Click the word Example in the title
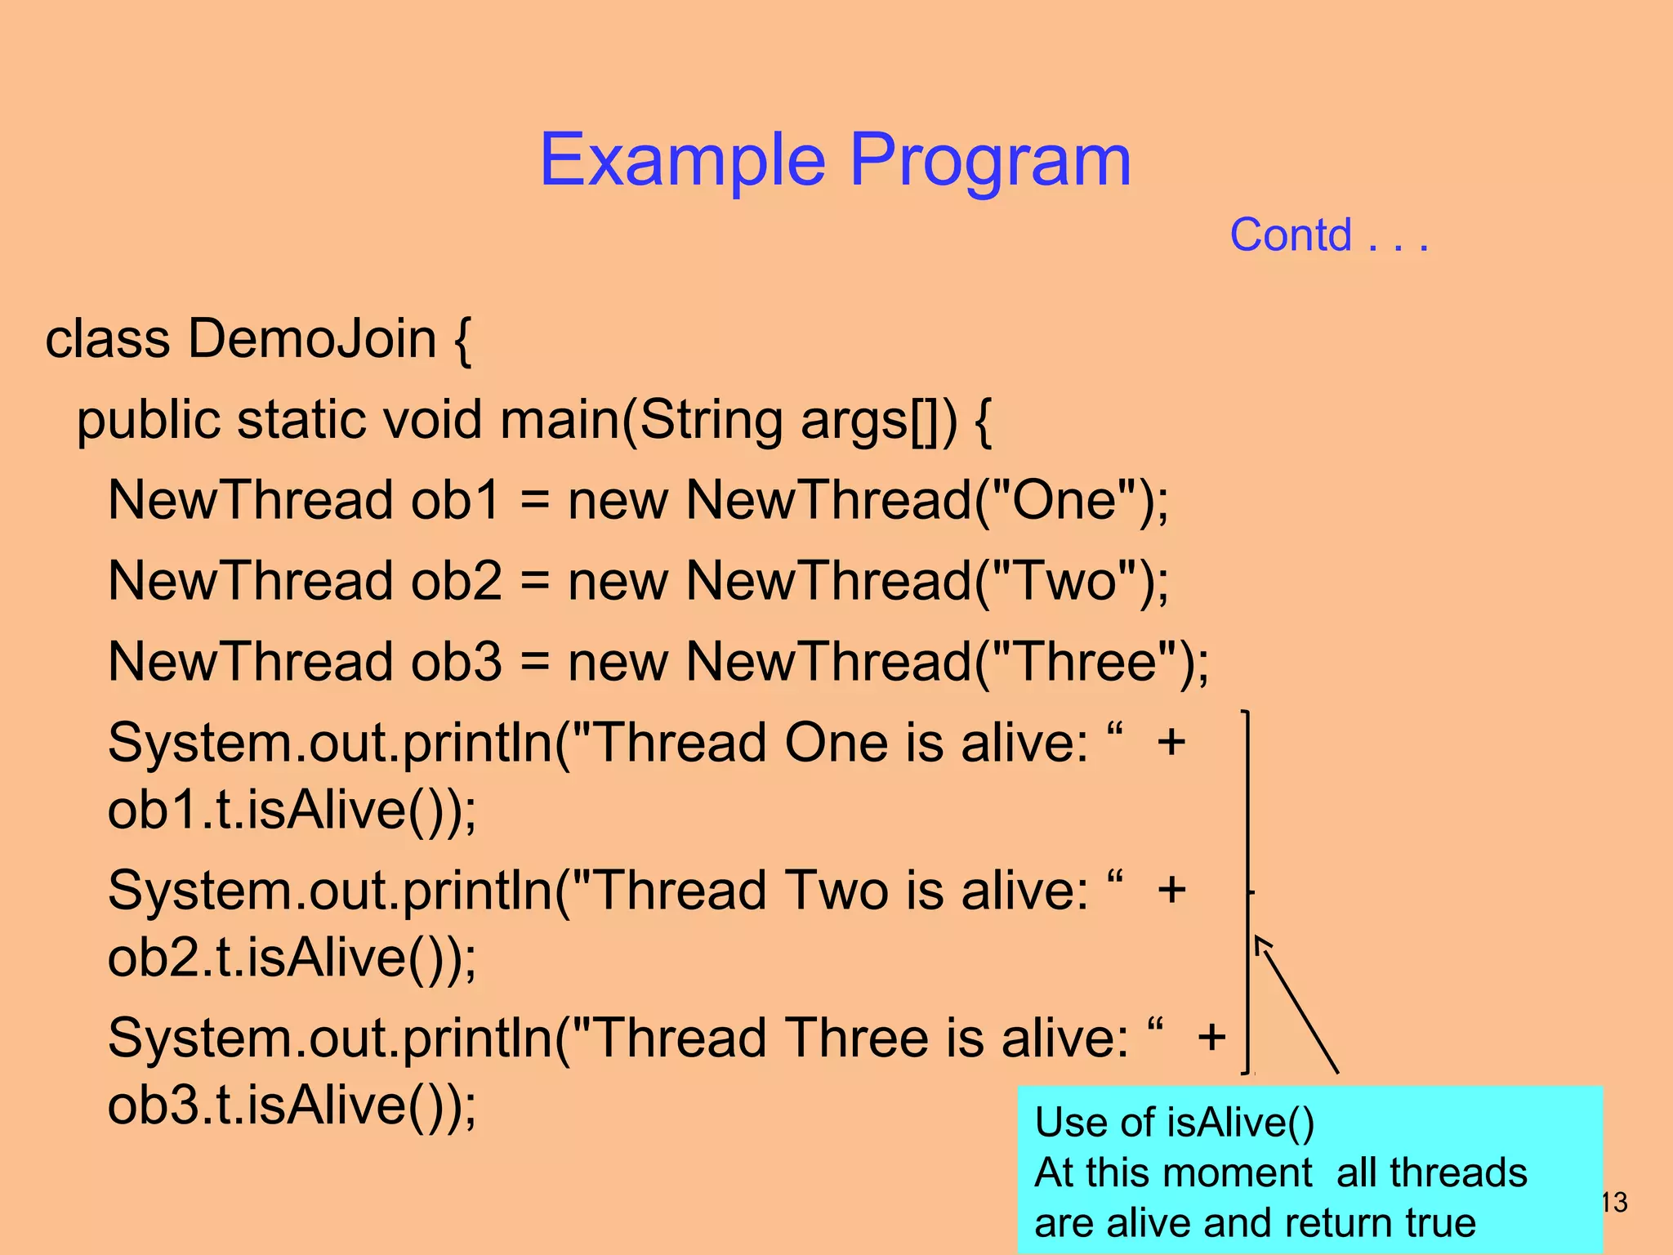682,160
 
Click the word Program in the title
990,160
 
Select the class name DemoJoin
313,338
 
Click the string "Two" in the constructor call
1064,581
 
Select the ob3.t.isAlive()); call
292,1105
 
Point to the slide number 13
1614,1202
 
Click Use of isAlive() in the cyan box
1174,1122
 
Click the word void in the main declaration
432,420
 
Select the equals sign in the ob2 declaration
534,581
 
